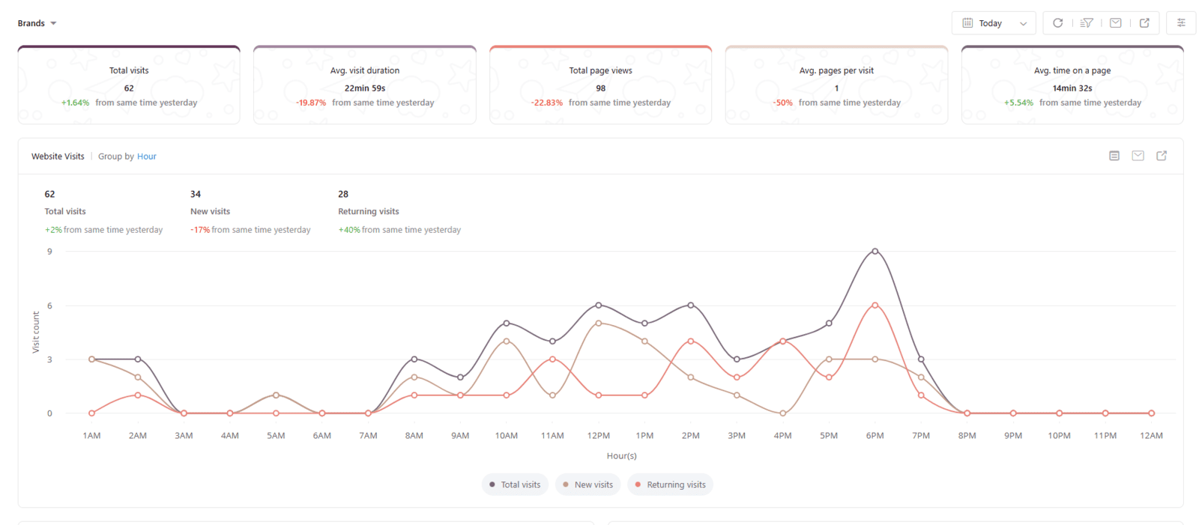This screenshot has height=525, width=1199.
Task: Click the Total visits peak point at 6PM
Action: click(x=875, y=252)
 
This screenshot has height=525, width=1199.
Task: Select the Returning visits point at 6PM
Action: click(x=875, y=306)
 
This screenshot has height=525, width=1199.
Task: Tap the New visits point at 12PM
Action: click(x=598, y=324)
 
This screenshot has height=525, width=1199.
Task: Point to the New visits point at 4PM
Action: click(x=782, y=413)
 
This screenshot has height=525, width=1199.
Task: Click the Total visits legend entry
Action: click(x=515, y=485)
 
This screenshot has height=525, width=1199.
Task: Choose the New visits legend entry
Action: click(x=588, y=485)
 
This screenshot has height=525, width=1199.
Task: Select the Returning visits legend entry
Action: click(x=670, y=485)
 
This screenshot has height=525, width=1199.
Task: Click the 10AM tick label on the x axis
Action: click(x=506, y=436)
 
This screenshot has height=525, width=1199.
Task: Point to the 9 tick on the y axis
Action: click(x=49, y=252)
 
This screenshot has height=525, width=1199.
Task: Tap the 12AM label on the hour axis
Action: click(x=1151, y=436)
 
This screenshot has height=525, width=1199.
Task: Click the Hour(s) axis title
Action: click(x=621, y=456)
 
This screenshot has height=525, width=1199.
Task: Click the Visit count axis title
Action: click(x=36, y=333)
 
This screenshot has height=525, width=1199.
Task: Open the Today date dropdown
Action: click(x=994, y=23)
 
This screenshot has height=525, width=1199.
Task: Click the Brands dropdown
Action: click(x=37, y=23)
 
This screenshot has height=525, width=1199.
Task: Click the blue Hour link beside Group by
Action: click(x=147, y=157)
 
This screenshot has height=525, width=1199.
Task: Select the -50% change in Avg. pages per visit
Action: click(x=783, y=103)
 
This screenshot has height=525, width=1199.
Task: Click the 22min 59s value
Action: click(x=365, y=88)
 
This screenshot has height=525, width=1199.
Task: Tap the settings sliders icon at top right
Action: click(x=1181, y=23)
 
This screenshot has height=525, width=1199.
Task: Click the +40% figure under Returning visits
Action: click(x=349, y=230)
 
